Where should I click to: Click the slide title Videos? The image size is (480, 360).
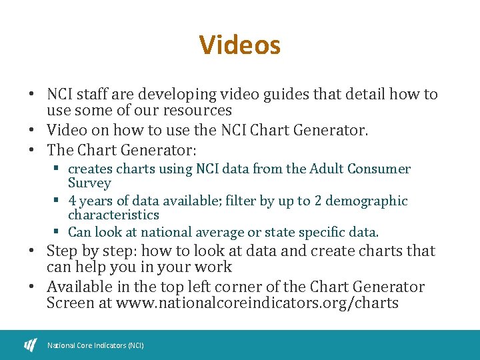point(240,45)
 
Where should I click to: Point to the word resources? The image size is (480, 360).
point(200,111)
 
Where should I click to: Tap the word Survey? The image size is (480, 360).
point(89,183)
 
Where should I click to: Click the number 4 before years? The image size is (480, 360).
point(72,201)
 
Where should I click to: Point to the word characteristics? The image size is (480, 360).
point(113,215)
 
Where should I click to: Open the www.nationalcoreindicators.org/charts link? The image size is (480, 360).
point(257,303)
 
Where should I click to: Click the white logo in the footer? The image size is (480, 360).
point(31,345)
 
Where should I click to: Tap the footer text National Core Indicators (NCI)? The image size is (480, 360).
point(95,345)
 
